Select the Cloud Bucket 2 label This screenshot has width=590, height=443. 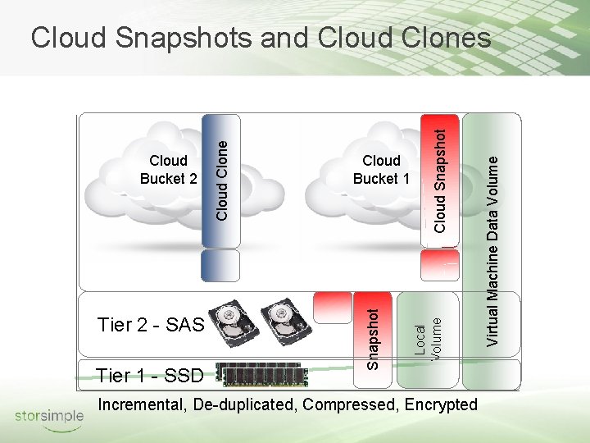pos(168,169)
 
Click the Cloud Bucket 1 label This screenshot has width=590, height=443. pos(381,169)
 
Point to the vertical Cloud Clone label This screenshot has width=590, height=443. pos(221,180)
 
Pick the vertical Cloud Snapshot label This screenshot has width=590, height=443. pos(440,179)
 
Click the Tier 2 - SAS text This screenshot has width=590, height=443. pos(150,325)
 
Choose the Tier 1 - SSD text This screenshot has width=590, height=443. pos(149,376)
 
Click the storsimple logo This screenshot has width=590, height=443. pos(49,416)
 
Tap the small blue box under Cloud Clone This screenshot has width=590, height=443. pos(220,266)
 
